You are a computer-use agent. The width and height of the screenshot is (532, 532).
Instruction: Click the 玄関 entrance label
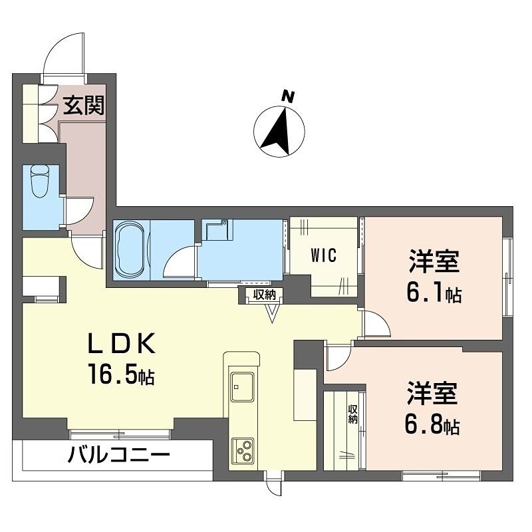[x=84, y=105]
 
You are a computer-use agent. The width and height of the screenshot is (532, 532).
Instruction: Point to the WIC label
[x=323, y=255]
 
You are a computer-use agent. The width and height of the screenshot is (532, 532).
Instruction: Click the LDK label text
[x=122, y=344]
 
